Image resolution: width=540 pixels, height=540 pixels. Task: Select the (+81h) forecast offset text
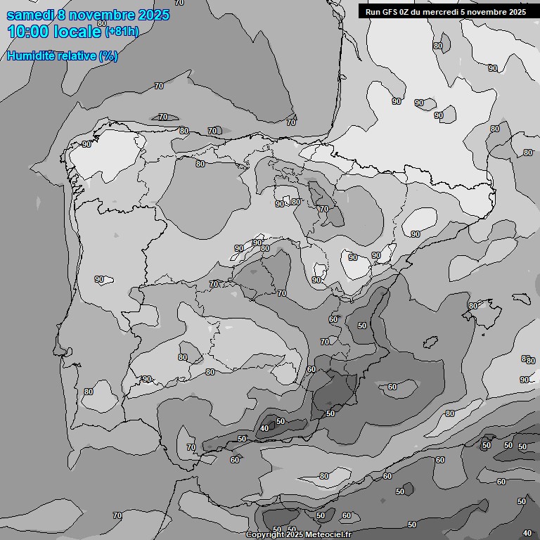click(122, 32)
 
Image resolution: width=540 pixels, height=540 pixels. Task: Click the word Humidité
click(30, 56)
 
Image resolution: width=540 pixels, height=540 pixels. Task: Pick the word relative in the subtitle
click(75, 56)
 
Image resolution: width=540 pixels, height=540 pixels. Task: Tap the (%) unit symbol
click(108, 56)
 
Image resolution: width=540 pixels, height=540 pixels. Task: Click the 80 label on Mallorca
click(473, 306)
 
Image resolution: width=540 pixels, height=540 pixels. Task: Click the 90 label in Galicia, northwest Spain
click(86, 144)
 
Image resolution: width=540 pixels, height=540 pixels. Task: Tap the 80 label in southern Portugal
click(88, 392)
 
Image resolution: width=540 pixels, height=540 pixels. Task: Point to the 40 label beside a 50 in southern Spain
click(264, 428)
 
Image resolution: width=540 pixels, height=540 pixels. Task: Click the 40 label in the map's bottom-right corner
click(527, 534)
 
